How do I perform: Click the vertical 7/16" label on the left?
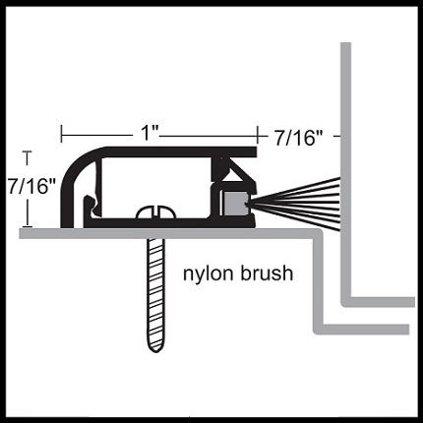(31, 187)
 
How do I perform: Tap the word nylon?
(209, 273)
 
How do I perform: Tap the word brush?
(267, 272)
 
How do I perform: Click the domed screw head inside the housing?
(155, 212)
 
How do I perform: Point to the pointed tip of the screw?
(155, 352)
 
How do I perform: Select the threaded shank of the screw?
(155, 292)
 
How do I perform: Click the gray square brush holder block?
(235, 204)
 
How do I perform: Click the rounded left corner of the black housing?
(77, 167)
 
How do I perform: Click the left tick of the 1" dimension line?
(62, 135)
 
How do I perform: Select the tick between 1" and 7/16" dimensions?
(258, 135)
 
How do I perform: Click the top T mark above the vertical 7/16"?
(28, 157)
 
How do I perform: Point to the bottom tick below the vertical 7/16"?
(28, 226)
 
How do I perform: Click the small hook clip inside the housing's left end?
(91, 206)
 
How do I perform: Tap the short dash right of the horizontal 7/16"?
(336, 135)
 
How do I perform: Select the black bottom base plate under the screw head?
(169, 223)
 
